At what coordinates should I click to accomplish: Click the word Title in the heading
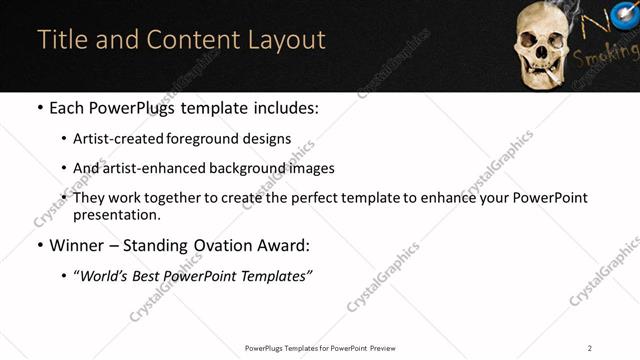click(x=62, y=40)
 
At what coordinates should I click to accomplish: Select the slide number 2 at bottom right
click(x=590, y=348)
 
